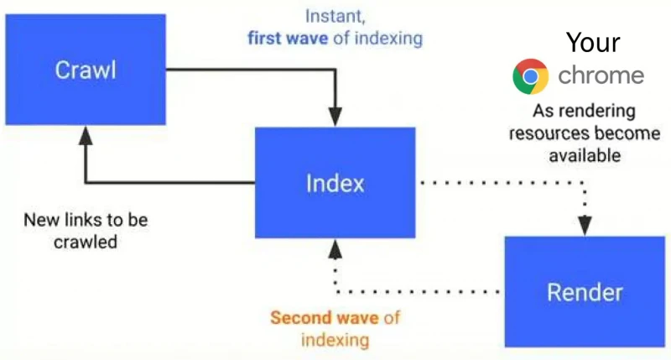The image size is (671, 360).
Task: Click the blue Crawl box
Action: pos(86,70)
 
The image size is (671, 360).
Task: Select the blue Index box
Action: pos(335,182)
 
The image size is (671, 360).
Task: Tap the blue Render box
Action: pos(585,291)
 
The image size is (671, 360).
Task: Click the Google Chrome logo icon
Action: pos(531,76)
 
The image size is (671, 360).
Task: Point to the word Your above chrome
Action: pos(593,43)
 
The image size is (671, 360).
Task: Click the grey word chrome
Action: pos(601,76)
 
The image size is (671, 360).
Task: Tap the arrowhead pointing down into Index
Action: pos(335,117)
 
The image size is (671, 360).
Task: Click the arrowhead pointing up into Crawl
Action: pos(86,135)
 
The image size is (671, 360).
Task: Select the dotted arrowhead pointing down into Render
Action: pos(585,226)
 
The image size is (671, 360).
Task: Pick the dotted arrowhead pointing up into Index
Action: pos(335,248)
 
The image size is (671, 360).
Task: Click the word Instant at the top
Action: pos(335,16)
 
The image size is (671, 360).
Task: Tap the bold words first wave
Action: pos(288,38)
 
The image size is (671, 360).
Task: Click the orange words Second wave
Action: pos(325,317)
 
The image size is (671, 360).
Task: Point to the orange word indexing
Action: pos(335,340)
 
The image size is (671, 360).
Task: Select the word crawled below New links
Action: pos(86,242)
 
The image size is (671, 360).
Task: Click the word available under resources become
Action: pos(585,155)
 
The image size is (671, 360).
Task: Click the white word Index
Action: pos(335,183)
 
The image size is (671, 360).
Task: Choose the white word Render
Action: pos(585,292)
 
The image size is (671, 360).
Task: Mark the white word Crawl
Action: pos(86,70)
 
